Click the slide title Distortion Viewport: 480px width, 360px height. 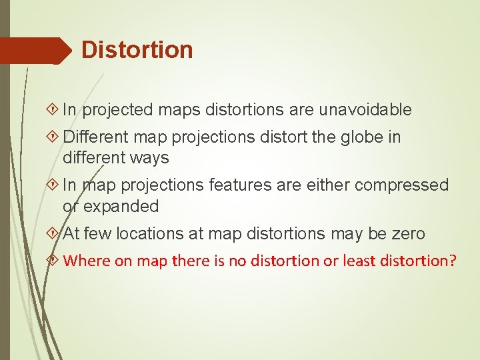click(x=137, y=50)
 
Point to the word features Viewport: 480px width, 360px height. click(x=239, y=185)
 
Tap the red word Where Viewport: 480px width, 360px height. click(x=87, y=260)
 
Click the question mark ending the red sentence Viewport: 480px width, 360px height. click(x=453, y=260)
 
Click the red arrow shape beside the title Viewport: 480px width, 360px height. click(x=33, y=51)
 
